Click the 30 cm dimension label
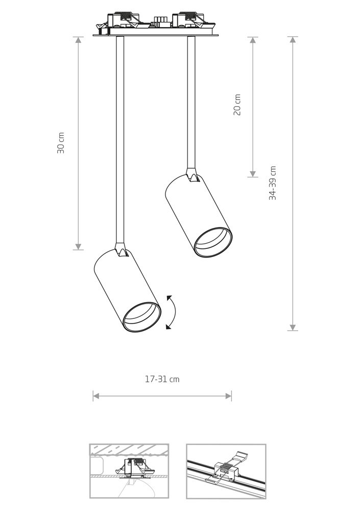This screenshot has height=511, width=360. (61, 143)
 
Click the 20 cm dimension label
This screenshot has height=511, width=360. (237, 105)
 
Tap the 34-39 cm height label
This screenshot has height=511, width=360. (272, 183)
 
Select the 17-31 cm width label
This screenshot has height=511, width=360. (162, 379)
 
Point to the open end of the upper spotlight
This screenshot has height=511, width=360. (213, 243)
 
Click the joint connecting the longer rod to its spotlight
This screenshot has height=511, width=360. (121, 250)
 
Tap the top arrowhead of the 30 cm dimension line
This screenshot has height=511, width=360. (78, 40)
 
